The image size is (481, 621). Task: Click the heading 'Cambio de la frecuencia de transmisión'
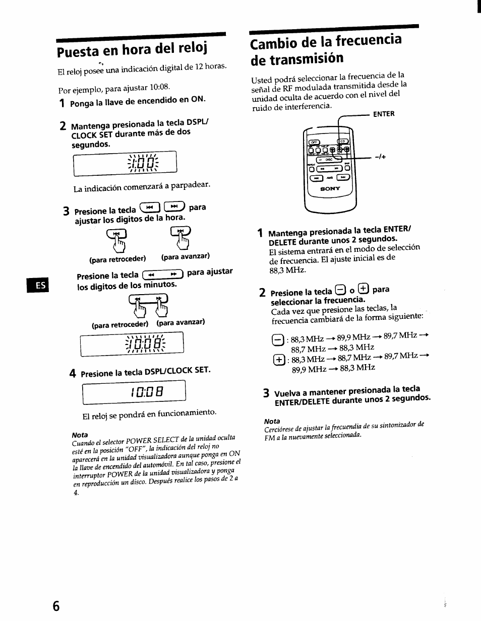tap(326, 48)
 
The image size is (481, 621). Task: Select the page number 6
tap(55, 606)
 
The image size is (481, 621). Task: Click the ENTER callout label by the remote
tap(383, 114)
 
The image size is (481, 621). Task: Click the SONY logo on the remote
tap(330, 188)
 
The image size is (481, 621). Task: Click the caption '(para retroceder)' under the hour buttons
tap(117, 259)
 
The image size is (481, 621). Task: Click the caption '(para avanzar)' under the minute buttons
tap(181, 322)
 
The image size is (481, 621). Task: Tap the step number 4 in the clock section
tap(73, 374)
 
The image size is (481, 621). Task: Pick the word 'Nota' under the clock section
tap(80, 435)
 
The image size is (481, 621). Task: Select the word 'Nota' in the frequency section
tap(272, 421)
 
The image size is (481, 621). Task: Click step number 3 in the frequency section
tap(266, 393)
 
